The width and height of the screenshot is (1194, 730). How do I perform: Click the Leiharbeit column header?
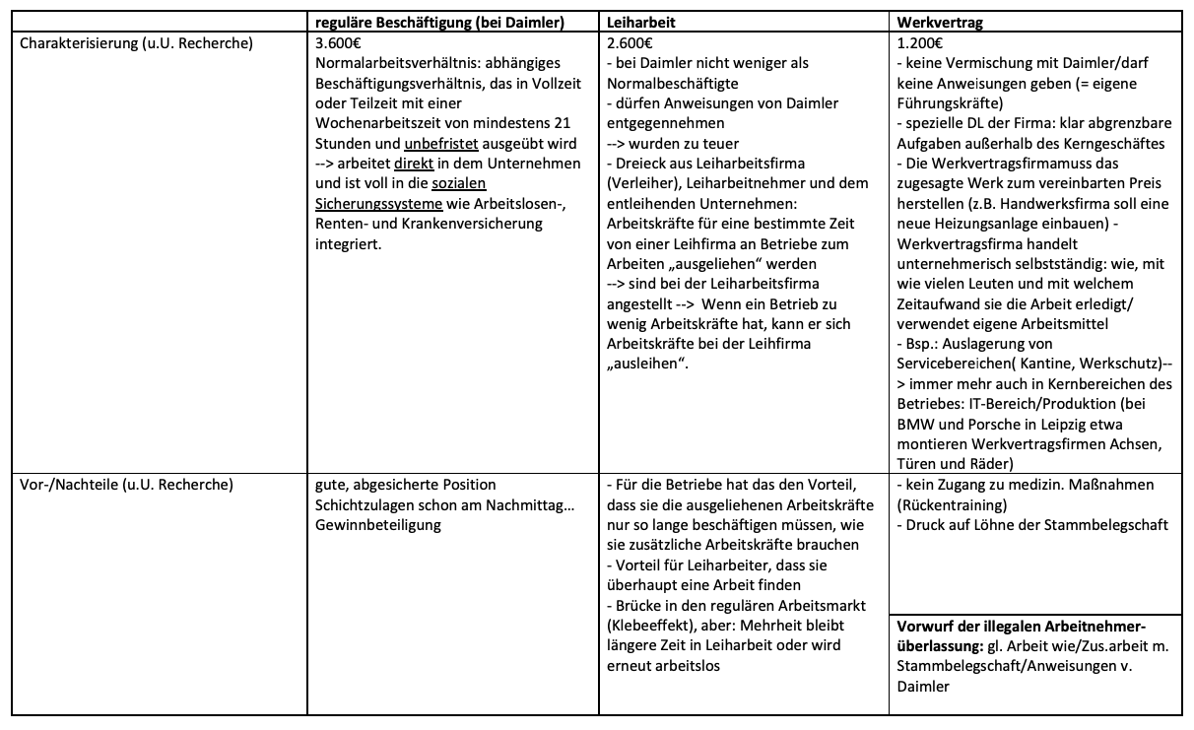[639, 21]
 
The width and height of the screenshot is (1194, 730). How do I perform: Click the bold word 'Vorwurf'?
[926, 626]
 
